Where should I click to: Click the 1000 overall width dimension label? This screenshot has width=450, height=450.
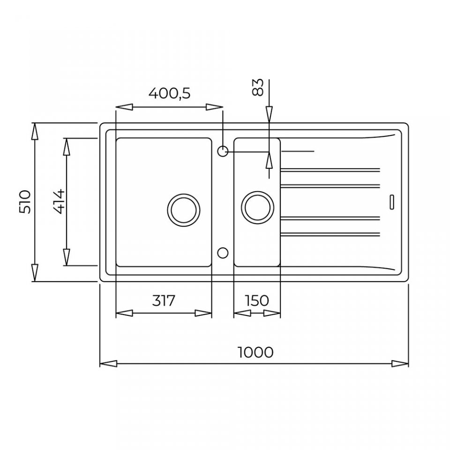tap(256, 352)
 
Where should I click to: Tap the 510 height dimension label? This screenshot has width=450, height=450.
tap(25, 202)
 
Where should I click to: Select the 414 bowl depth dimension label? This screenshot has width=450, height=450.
tap(60, 202)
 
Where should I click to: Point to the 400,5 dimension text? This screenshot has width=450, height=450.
tap(169, 93)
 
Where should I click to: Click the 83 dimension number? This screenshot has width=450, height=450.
tap(257, 87)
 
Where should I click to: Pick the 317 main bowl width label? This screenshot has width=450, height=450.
tap(163, 300)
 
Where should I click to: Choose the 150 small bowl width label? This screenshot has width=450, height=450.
tap(257, 300)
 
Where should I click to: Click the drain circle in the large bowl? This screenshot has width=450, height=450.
tap(184, 210)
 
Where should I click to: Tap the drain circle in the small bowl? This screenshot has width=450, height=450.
tap(258, 207)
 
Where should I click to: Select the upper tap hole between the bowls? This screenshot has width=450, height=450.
tap(223, 151)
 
